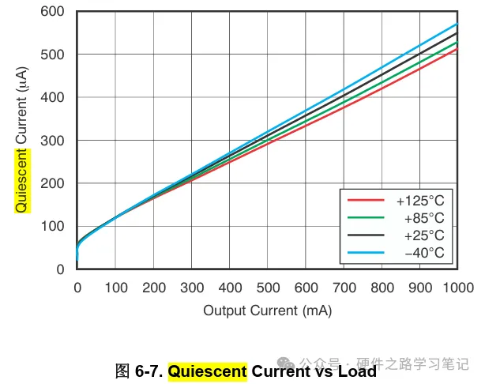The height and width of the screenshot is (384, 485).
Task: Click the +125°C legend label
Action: (x=420, y=201)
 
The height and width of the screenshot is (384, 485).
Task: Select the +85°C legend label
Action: (x=423, y=218)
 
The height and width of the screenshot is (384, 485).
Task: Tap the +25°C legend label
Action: (x=423, y=235)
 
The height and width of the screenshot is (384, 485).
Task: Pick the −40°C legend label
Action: (x=423, y=253)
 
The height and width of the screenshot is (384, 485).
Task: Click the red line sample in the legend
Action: (x=365, y=201)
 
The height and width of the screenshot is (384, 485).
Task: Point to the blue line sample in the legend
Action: (x=365, y=253)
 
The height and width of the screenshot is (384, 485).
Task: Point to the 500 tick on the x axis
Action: (x=267, y=287)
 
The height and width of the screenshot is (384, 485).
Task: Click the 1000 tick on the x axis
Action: (x=457, y=287)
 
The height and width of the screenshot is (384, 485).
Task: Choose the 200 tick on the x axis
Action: (x=153, y=287)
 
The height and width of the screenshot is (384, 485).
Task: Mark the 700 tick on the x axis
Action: (x=344, y=287)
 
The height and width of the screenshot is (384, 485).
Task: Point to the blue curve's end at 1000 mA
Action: (x=457, y=24)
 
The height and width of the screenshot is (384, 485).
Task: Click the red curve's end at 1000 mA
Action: (x=457, y=49)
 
